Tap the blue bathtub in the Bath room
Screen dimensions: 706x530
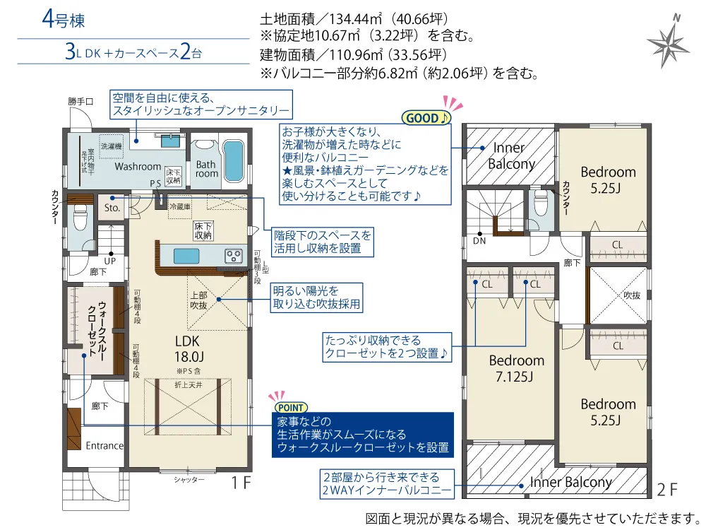pyautogui.click(x=233, y=161)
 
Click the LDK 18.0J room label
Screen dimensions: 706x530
pyautogui.click(x=189, y=349)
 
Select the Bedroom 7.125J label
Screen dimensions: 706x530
pyautogui.click(x=516, y=368)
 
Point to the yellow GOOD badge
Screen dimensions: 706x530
pyautogui.click(x=426, y=118)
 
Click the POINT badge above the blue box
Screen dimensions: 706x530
pyautogui.click(x=291, y=408)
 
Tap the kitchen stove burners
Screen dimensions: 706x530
pyautogui.click(x=234, y=256)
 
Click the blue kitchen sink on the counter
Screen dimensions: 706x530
pyautogui.click(x=186, y=256)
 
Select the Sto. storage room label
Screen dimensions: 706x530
pyautogui.click(x=112, y=208)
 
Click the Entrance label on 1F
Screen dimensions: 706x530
pyautogui.click(x=104, y=446)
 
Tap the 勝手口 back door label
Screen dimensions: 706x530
pyautogui.click(x=81, y=101)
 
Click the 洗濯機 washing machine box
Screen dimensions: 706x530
pyautogui.click(x=112, y=146)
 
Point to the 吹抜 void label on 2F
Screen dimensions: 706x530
pyautogui.click(x=632, y=295)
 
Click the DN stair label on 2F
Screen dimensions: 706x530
pyautogui.click(x=479, y=241)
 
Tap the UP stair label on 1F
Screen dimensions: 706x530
pyautogui.click(x=110, y=261)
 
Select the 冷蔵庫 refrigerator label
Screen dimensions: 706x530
pyautogui.click(x=180, y=206)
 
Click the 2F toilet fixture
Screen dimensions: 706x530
pyautogui.click(x=540, y=202)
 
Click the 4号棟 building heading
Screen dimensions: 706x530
pyautogui.click(x=63, y=20)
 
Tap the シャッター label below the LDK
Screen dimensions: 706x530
pyautogui.click(x=189, y=480)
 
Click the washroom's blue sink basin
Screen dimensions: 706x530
pyautogui.click(x=171, y=141)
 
